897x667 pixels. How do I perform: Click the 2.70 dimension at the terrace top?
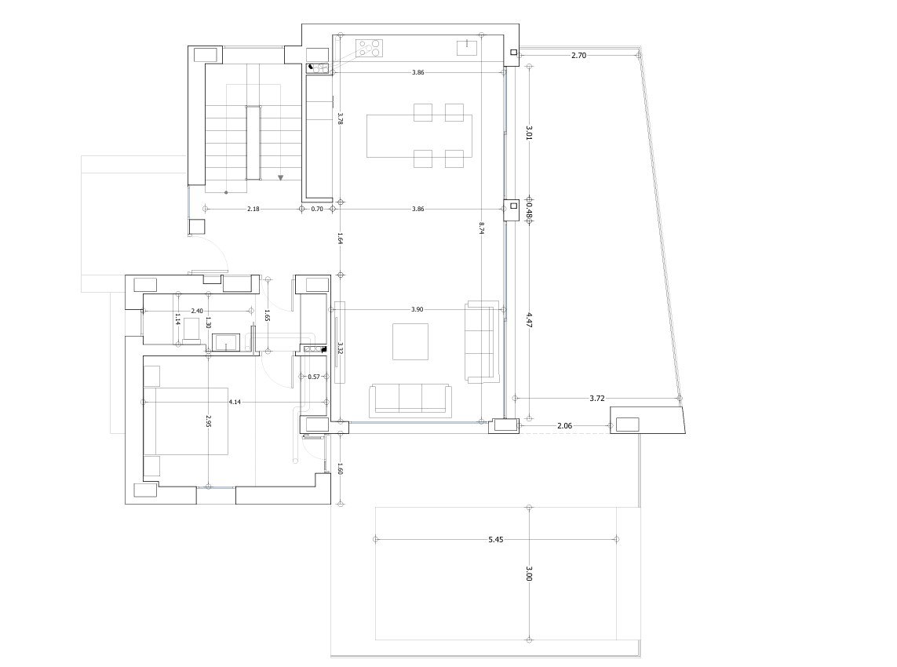(578, 56)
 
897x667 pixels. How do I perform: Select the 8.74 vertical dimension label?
(482, 228)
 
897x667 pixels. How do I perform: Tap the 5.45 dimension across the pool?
(495, 539)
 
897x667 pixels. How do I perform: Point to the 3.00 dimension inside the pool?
(529, 575)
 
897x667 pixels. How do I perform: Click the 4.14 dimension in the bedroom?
(235, 402)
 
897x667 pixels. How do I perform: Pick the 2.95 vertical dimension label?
(207, 421)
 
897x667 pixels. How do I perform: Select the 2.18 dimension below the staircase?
(253, 209)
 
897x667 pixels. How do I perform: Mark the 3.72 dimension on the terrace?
(597, 398)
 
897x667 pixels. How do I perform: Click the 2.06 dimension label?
(564, 425)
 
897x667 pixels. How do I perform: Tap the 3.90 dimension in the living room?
(418, 309)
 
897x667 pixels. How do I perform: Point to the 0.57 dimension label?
(314, 377)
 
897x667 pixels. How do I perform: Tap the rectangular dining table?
(419, 136)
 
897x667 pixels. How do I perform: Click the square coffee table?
(410, 342)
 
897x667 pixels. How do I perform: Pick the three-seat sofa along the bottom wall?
(410, 398)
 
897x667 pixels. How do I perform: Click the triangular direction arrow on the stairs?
(280, 178)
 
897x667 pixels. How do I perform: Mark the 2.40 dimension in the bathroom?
(196, 311)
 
